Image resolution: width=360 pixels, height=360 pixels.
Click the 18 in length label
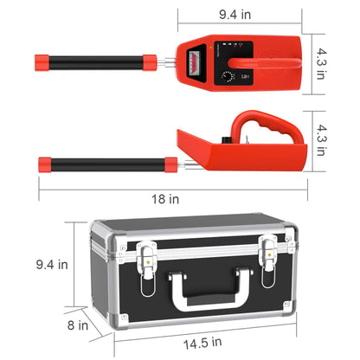pyautogui.click(x=180, y=200)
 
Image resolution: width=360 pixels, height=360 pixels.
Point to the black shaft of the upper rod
pyautogui.click(x=99, y=62)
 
